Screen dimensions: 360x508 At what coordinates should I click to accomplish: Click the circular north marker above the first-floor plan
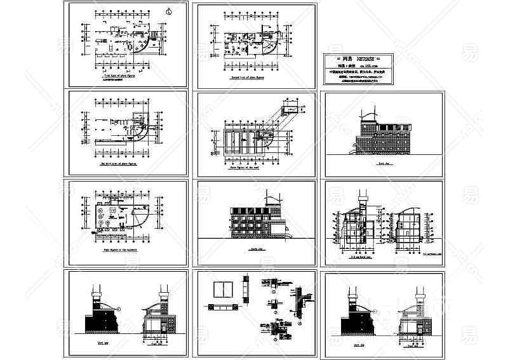click(x=168, y=10)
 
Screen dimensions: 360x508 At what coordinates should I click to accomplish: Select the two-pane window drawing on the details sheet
click(x=222, y=289)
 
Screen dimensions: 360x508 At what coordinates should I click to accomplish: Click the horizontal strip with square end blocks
click(x=222, y=307)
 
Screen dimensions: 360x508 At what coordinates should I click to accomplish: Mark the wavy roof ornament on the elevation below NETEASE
click(x=367, y=117)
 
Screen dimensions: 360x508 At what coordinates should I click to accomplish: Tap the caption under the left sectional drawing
click(x=361, y=258)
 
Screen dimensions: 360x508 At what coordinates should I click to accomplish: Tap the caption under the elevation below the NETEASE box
click(x=382, y=163)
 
